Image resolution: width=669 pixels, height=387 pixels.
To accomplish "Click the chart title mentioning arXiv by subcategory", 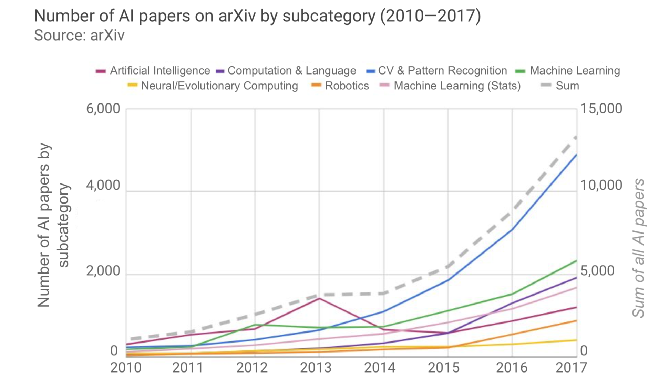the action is pos(257,16).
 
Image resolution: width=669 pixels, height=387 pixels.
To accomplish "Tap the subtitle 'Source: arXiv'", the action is pos(79,36).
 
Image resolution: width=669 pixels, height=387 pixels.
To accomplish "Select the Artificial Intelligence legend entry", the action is pos(153,71).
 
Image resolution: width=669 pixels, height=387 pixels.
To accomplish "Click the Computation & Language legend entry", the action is pos(286,71).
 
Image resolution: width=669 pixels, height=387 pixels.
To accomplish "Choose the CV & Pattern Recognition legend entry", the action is pos(436,71).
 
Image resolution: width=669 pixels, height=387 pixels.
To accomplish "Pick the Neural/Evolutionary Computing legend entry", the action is pos(213,86).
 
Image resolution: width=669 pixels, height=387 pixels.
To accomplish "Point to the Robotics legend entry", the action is pos(340,86).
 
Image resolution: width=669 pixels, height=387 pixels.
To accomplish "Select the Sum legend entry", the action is pos(560,86).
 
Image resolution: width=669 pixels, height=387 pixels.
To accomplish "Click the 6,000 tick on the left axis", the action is pos(103,109).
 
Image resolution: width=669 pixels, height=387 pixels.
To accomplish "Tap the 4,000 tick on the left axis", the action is pos(103,186).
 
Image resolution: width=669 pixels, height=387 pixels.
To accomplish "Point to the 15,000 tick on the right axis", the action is pos(601,109).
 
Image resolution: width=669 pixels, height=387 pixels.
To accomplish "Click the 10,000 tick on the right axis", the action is pos(601,186).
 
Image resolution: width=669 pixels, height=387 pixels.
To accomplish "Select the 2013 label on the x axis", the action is pos(316,368).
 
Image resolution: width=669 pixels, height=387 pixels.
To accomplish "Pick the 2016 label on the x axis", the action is pos(512,368).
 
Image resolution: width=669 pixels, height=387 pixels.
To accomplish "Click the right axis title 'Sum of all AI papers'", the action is pos(639,248).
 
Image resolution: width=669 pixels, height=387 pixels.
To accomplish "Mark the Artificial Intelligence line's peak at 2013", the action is pos(319,298).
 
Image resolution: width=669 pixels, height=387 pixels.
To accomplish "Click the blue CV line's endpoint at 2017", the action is pos(576,155).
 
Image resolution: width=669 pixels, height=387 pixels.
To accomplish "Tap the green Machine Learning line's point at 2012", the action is pos(255,325).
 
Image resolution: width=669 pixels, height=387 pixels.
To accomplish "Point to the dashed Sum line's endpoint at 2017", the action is pos(576,137).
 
